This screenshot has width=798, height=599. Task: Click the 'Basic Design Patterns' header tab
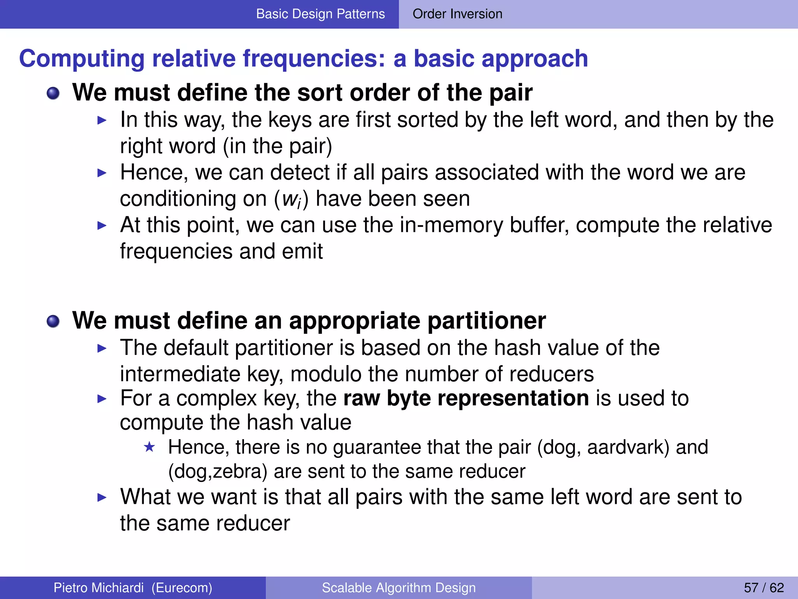320,14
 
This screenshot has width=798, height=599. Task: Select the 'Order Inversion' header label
457,14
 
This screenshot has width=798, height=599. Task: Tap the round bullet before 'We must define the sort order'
53,94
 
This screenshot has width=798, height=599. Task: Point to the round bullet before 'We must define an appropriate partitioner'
53,322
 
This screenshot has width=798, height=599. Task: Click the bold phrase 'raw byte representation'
466,398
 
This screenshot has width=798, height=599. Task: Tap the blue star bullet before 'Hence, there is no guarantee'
149,447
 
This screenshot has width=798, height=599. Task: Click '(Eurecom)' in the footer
182,588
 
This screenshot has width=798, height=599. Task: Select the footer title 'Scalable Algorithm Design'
399,588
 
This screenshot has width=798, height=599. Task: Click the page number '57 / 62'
764,588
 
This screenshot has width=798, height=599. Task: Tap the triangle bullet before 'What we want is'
102,497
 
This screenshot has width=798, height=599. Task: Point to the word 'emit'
302,251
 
